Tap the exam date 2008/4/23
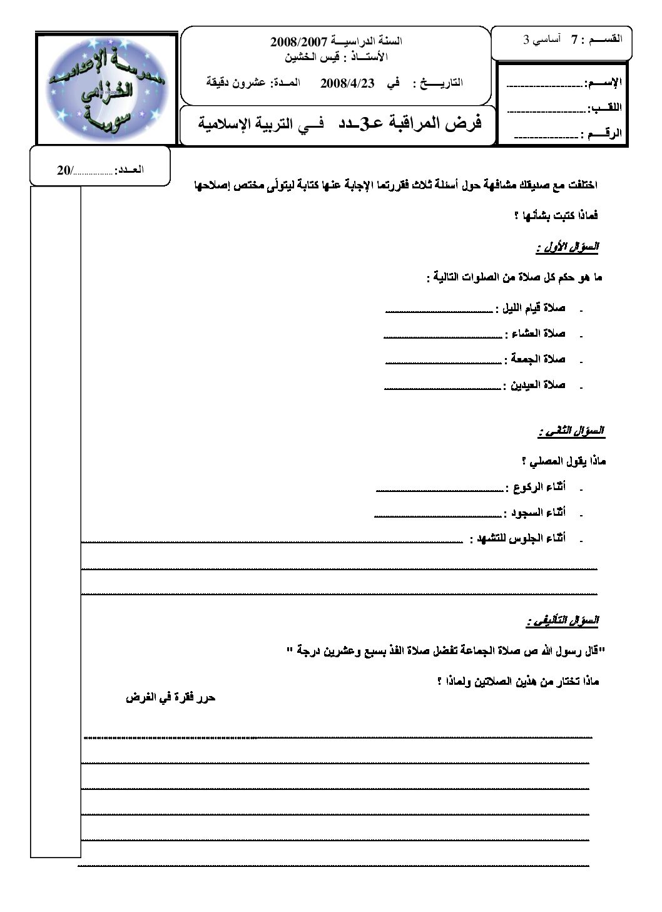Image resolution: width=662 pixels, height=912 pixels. [347, 83]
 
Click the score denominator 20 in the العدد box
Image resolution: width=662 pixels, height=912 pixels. [64, 170]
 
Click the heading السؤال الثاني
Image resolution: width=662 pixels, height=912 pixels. [571, 432]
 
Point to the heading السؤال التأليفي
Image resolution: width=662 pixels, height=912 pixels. [563, 621]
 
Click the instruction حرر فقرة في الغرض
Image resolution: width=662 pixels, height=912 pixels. [171, 697]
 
